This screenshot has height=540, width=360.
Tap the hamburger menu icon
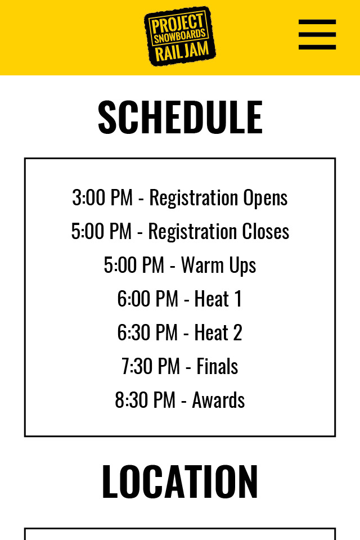[x=317, y=34]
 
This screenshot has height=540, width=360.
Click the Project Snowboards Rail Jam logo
[x=180, y=36]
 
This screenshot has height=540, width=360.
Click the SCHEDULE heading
[x=180, y=117]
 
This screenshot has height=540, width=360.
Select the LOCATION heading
[x=180, y=481]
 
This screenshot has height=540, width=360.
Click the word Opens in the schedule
[x=265, y=198]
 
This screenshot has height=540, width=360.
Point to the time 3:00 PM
[x=102, y=197]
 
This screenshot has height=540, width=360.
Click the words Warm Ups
[x=218, y=265]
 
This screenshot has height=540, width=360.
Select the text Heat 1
[x=218, y=299]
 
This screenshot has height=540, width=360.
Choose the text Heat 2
[x=218, y=332]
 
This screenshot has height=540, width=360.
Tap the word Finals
[x=217, y=366]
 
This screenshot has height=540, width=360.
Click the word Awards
[x=218, y=400]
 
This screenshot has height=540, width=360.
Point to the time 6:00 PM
[x=147, y=299]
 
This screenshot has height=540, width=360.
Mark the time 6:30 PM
[x=147, y=332]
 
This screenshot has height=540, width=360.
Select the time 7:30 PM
[x=151, y=366]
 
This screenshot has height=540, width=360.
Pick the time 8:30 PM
[x=145, y=400]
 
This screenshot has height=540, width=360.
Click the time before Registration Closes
[x=101, y=231]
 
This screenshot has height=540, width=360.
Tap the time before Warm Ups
[x=134, y=265]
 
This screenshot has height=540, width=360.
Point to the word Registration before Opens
[x=193, y=198]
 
